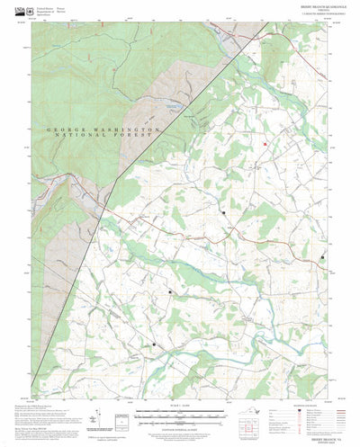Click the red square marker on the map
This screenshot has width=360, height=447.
(x=265, y=144)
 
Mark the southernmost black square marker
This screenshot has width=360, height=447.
(x=154, y=344)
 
